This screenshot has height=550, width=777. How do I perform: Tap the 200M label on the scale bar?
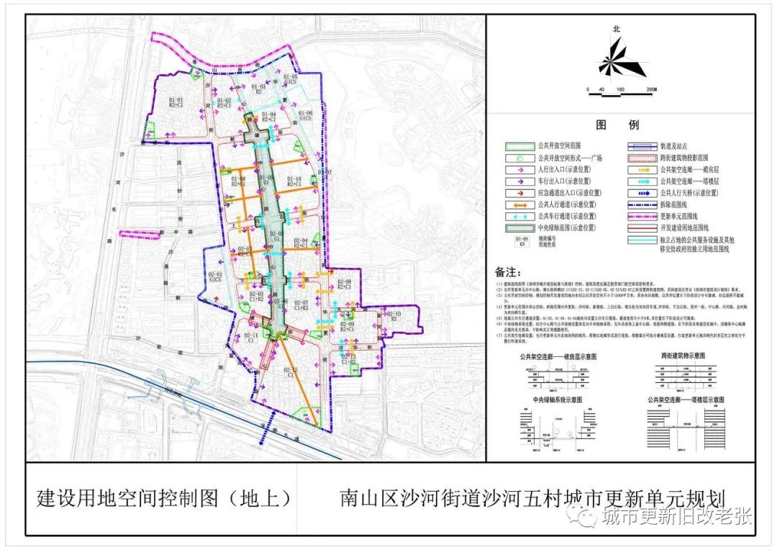tap(652, 90)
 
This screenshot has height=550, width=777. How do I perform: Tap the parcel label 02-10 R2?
tap(393, 317)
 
